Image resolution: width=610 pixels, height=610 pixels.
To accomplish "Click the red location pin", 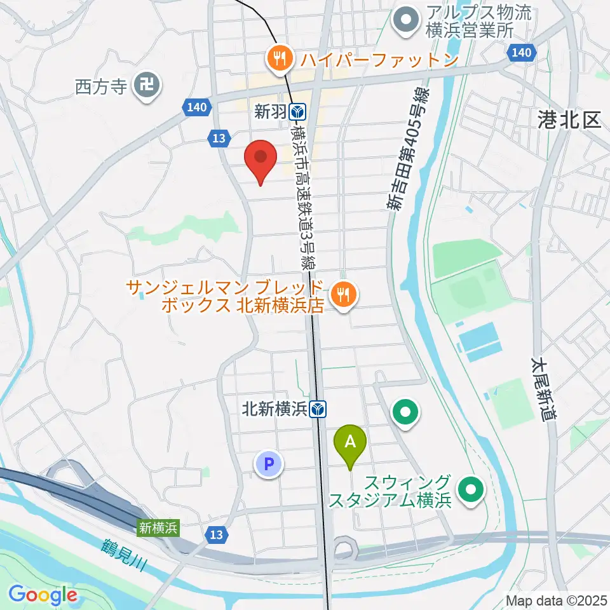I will (261, 159).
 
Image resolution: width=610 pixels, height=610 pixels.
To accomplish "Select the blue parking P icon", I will (269, 464).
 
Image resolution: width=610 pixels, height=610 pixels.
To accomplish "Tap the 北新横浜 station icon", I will (319, 410).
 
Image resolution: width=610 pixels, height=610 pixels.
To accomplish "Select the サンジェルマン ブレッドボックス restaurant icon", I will (344, 294).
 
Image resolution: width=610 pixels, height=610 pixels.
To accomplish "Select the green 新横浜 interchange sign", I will (159, 527).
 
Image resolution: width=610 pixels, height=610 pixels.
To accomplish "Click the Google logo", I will (43, 594).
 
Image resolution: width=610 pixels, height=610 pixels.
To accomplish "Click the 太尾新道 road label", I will (545, 388).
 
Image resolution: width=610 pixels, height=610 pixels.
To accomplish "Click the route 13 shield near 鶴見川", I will (217, 535).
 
